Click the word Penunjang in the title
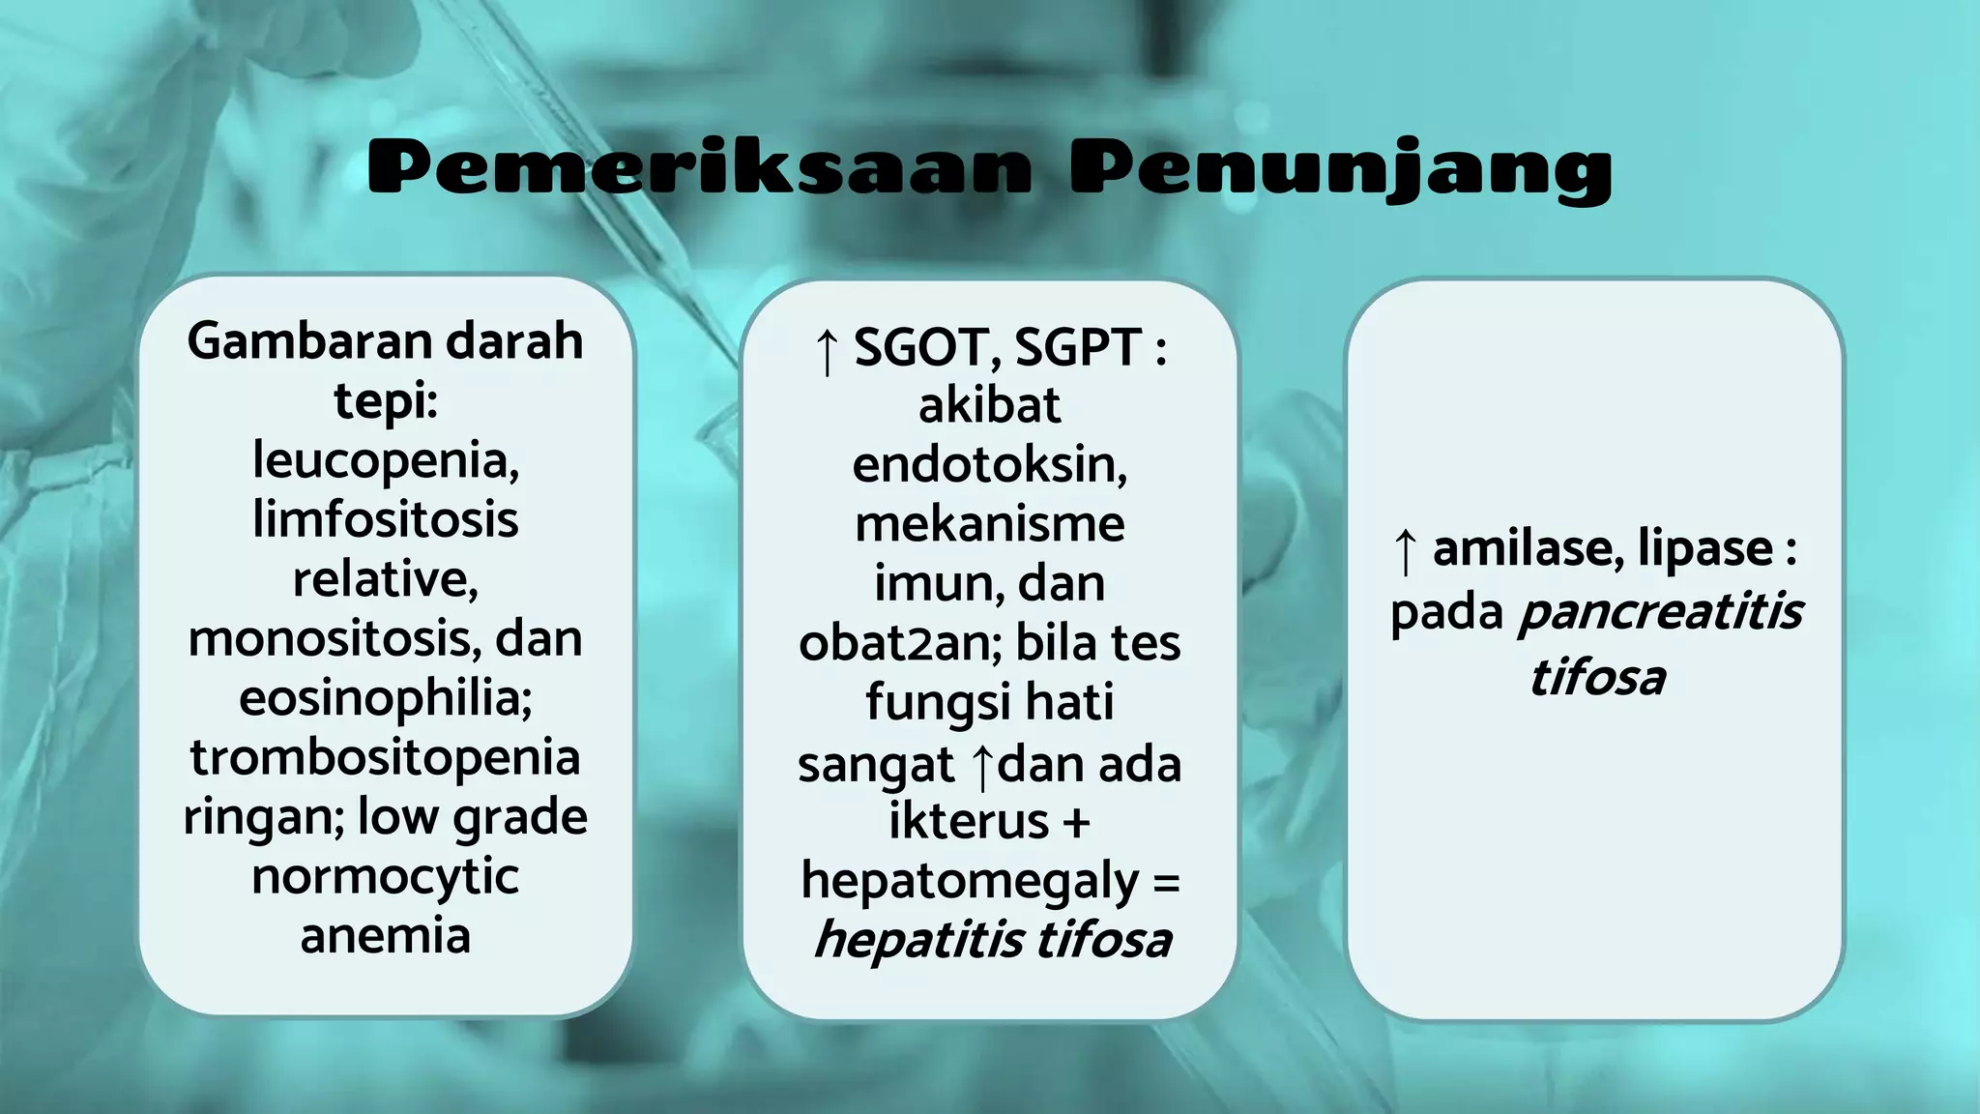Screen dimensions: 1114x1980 (1341, 169)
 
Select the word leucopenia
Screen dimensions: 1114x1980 (386, 460)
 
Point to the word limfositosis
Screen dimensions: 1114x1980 (386, 519)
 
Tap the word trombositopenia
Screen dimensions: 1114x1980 (386, 757)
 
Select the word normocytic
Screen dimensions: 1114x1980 (386, 877)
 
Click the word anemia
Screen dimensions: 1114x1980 (386, 936)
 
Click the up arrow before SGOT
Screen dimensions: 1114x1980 (827, 350)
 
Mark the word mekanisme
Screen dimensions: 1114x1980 (989, 524)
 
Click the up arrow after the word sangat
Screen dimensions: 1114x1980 (983, 766)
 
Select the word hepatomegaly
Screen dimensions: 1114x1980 (970, 881)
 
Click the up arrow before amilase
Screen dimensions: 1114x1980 (1407, 551)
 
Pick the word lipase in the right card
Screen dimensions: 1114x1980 (1705, 549)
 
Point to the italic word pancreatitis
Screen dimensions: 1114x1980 (1660, 612)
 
